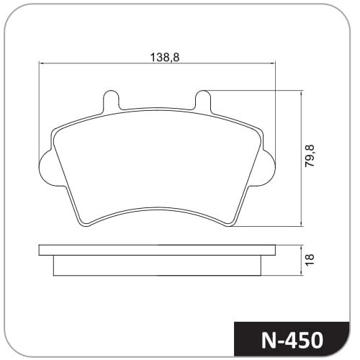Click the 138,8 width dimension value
tap(165, 58)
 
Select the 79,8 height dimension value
tap(310, 156)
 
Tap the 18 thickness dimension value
tap(310, 260)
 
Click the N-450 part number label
tap(292, 340)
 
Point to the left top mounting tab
tap(111, 99)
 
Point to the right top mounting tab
tap(203, 99)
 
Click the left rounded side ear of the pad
tap(45, 168)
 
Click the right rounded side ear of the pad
tap(269, 168)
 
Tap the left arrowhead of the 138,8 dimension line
tap(41, 63)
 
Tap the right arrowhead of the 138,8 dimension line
tap(274, 63)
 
